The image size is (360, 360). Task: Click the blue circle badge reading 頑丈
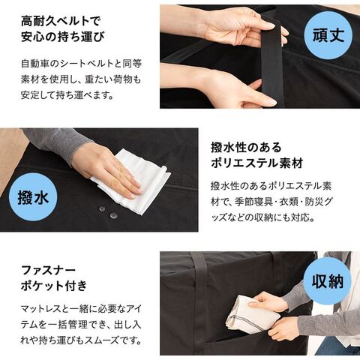pos(328,35)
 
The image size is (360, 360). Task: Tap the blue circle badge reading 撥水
pos(33,197)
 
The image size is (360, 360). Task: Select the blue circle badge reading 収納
pos(328,280)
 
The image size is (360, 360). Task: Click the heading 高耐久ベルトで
pos(61,21)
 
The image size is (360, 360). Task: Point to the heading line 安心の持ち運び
pos(63,37)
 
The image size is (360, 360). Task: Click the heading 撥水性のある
pos(246,148)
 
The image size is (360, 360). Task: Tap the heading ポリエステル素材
pos(257,163)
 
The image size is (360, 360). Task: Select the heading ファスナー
pos(48,270)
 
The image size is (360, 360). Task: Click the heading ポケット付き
pos(54,286)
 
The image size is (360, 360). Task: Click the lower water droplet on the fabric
pos(114,215)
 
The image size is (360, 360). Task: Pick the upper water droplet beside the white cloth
pos(102,208)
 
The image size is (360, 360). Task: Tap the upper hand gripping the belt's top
pos(240,28)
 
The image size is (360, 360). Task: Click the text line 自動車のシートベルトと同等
pos(82,64)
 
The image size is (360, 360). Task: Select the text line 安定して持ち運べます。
pos(67,95)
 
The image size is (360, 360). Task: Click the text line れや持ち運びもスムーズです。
pos(81,340)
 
